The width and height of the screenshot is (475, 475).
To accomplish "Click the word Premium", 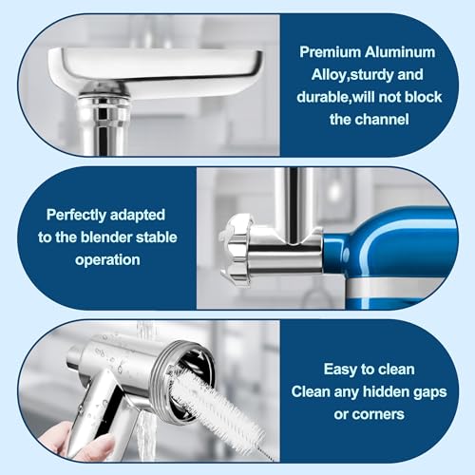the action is (x=330, y=52).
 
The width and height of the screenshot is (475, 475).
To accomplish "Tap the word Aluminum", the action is (x=400, y=52).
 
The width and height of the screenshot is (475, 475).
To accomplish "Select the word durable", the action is (x=323, y=97).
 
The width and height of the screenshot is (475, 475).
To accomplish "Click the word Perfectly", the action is (x=76, y=216).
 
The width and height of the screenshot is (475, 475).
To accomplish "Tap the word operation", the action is (x=107, y=260).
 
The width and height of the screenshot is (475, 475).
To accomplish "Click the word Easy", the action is (x=340, y=370).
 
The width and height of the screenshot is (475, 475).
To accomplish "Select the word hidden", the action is (x=384, y=391).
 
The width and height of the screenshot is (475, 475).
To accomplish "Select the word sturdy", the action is (x=370, y=75).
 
